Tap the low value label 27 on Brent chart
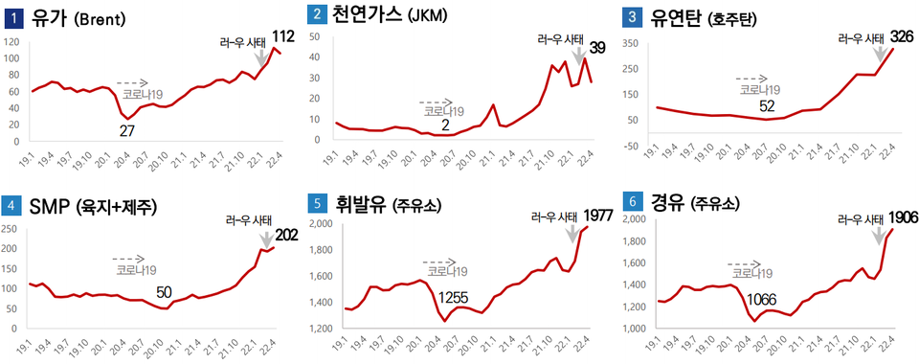tap(125, 130)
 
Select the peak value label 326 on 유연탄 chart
tap(902, 37)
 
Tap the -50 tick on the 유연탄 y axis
tap(632, 146)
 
